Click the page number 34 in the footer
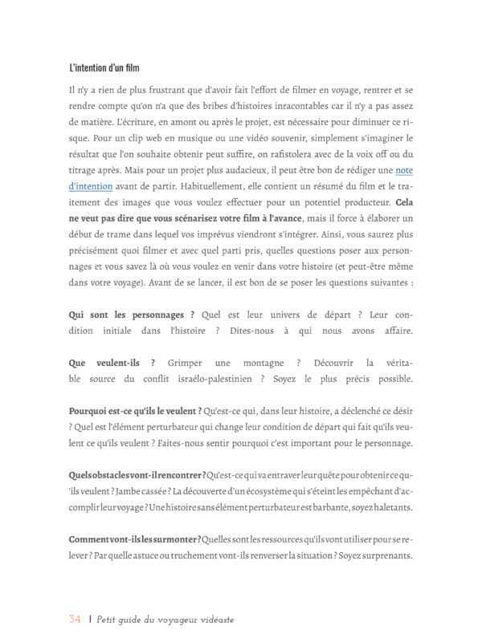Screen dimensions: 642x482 75,619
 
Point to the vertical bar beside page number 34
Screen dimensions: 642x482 90,619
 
